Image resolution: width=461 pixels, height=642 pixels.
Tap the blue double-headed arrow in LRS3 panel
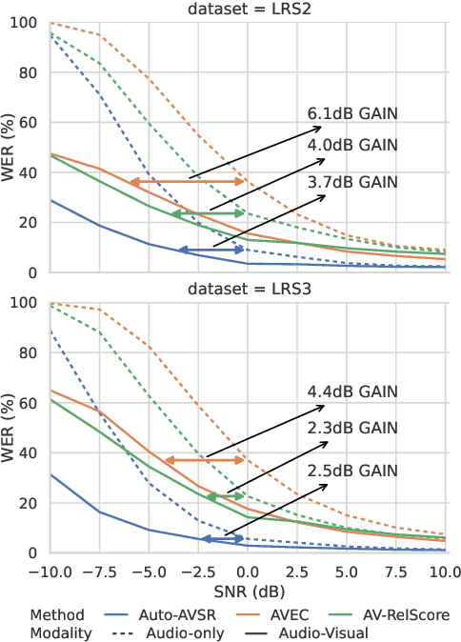tap(223, 539)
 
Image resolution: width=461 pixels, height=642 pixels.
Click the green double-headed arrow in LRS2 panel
tap(208, 214)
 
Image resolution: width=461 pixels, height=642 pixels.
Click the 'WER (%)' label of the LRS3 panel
tap(11, 428)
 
